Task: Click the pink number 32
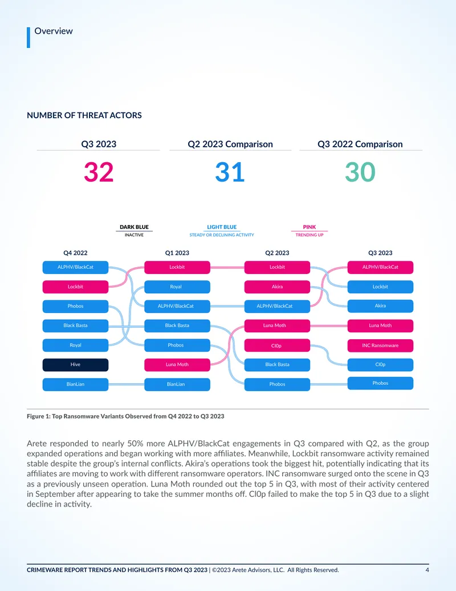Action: click(x=99, y=172)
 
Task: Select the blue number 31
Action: click(x=230, y=172)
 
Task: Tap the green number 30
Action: click(x=360, y=172)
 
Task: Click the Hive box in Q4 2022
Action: click(x=75, y=365)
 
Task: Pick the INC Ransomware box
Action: click(x=380, y=345)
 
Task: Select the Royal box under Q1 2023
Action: click(x=177, y=287)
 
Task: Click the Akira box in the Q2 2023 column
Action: click(x=277, y=287)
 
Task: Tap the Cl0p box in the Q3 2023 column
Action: click(x=380, y=365)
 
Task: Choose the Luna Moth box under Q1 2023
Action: click(x=177, y=365)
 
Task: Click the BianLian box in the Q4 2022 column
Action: click(x=75, y=384)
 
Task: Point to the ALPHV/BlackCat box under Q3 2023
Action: click(x=380, y=267)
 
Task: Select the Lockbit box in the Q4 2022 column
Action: click(x=75, y=287)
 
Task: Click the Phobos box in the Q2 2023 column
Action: click(x=277, y=384)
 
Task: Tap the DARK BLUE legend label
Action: click(x=135, y=227)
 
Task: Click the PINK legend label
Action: click(x=310, y=227)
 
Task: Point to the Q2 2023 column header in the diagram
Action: click(x=277, y=253)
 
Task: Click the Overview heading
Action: click(x=54, y=31)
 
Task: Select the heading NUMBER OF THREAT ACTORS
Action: click(x=84, y=115)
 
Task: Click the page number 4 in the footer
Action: click(x=427, y=570)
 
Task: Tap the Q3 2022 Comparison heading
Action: click(x=360, y=144)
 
